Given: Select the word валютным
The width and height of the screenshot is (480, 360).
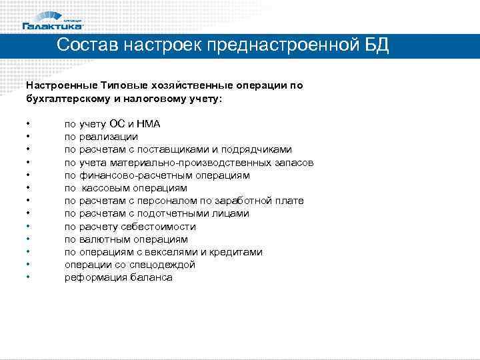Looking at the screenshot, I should [x=102, y=239].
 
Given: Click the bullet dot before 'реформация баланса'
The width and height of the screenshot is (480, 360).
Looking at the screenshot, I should [x=27, y=277].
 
